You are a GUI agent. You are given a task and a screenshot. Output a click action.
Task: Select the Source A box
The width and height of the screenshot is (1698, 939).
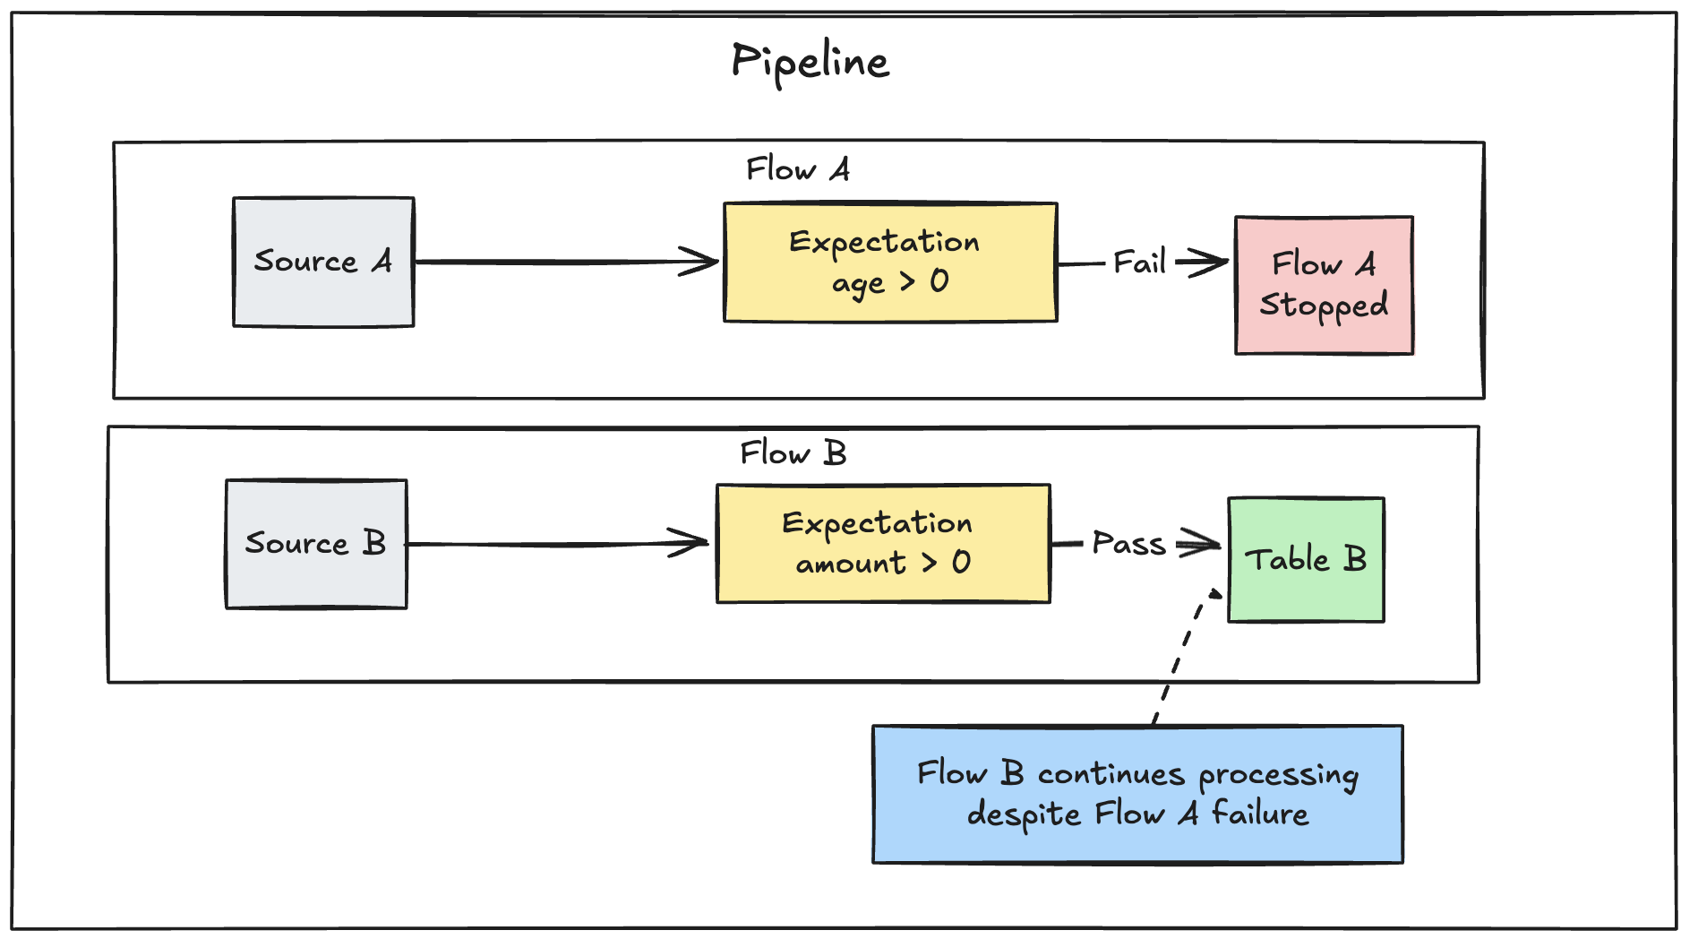click(x=323, y=262)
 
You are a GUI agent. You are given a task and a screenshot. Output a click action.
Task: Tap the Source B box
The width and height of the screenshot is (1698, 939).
click(x=316, y=544)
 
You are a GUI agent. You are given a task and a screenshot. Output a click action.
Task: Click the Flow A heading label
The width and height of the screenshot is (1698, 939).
click(x=798, y=168)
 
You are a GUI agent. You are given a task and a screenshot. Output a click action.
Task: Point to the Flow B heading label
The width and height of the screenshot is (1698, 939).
click(x=793, y=452)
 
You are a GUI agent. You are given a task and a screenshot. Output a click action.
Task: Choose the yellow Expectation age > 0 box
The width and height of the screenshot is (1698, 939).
click(x=890, y=263)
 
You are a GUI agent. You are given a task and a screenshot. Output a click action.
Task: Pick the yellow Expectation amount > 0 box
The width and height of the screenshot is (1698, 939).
click(x=883, y=544)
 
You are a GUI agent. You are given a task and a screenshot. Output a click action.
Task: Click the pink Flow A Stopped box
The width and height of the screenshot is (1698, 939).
click(x=1324, y=285)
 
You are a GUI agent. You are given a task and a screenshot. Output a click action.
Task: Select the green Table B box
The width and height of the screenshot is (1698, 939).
click(x=1306, y=560)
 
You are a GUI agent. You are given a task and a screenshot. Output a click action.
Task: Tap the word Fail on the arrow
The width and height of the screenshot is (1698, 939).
click(x=1139, y=263)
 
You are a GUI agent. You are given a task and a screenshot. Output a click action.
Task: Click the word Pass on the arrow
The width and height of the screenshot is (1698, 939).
click(x=1128, y=544)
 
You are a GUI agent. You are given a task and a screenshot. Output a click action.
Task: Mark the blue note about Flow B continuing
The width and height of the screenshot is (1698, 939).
click(x=1137, y=794)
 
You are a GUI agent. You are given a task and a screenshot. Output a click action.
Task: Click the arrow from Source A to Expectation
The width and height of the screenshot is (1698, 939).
click(x=564, y=262)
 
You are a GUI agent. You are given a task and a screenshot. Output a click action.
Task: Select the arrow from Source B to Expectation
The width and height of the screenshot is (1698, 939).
click(x=555, y=544)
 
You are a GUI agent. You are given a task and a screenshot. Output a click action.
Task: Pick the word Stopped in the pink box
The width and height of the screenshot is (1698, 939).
click(x=1324, y=305)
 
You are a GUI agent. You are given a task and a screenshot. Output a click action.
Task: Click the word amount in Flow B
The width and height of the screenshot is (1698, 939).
click(x=851, y=564)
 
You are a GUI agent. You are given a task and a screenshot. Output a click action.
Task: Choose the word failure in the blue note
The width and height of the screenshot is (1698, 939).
click(x=1259, y=814)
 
